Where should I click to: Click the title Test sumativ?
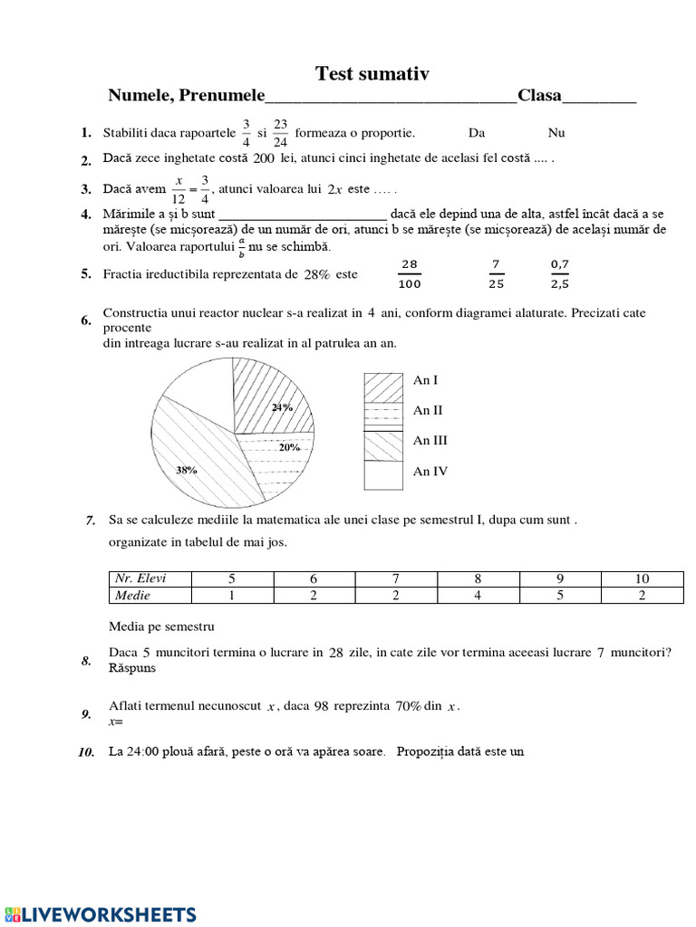372,73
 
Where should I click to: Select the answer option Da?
477,133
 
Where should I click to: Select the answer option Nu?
556,133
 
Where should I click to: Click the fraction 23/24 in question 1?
280,133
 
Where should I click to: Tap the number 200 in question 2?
264,158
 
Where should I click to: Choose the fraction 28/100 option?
410,273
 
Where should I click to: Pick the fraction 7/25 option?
496,273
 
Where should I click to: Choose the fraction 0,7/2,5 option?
561,273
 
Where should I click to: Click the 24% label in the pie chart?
282,407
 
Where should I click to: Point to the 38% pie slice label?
187,470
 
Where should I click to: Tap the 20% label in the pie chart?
289,447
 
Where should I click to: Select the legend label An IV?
430,472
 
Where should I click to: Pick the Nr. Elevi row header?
143,578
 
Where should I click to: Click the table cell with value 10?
642,578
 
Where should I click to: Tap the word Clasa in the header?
539,96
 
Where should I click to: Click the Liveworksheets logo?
99,913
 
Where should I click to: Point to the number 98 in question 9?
321,707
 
